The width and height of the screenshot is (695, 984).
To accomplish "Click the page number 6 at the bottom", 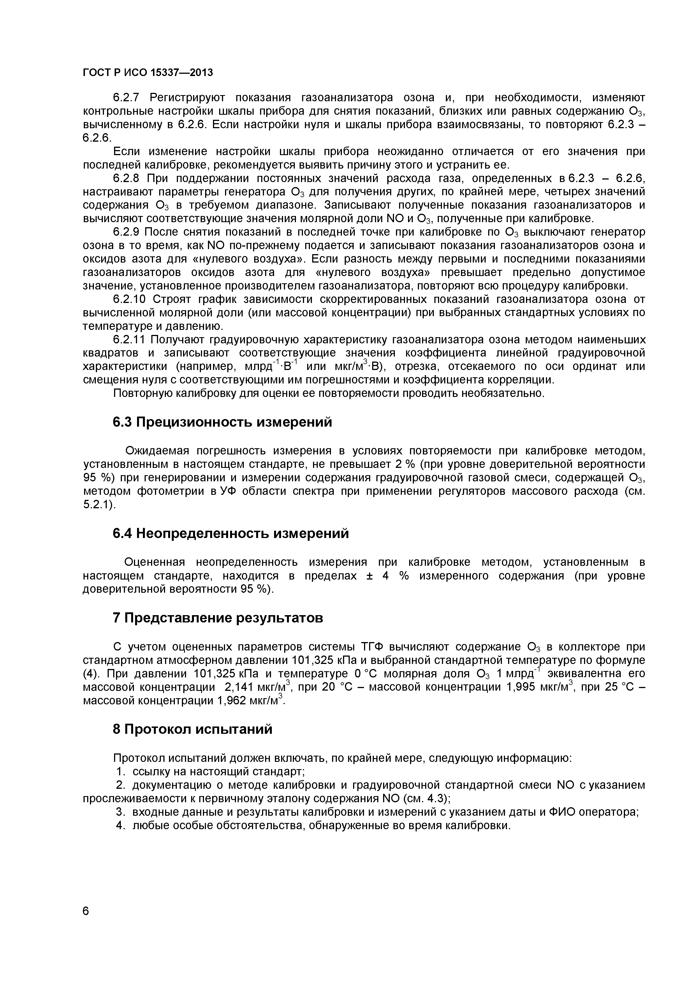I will pyautogui.click(x=86, y=923).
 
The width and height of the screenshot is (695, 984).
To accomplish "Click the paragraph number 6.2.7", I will pyautogui.click(x=126, y=98).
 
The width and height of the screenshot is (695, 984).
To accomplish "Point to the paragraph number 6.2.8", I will pyautogui.click(x=126, y=178).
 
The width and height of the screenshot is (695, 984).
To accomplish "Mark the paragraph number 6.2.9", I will pyautogui.click(x=126, y=232).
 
